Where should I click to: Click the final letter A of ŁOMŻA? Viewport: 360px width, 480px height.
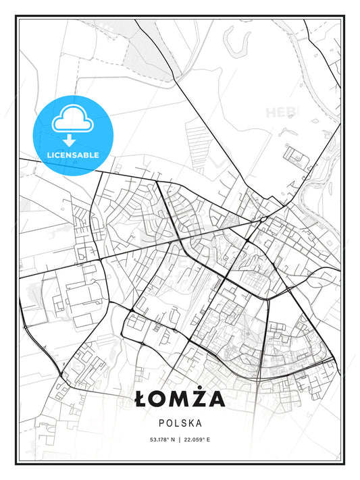(x=216, y=400)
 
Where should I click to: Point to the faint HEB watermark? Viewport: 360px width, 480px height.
(x=279, y=112)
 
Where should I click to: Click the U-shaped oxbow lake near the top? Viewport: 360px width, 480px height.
(x=236, y=44)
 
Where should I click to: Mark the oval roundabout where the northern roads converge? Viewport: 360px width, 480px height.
(x=262, y=219)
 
